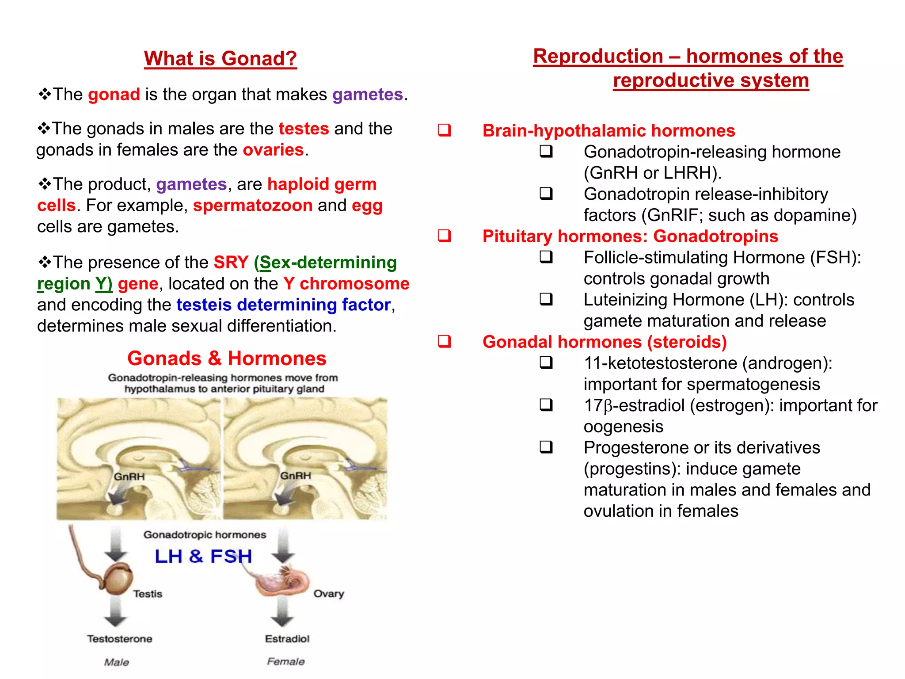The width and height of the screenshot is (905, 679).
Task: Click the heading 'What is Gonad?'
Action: tap(220, 58)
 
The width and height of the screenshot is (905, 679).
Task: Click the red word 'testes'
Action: tap(304, 129)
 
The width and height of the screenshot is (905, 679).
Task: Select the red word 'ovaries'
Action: tap(273, 150)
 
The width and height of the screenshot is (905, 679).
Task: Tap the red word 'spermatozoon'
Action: tap(253, 206)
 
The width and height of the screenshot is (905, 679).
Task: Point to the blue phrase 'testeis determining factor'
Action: tap(283, 305)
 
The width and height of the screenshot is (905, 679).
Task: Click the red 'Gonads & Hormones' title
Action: tap(227, 358)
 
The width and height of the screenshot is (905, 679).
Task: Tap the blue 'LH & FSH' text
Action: tap(203, 556)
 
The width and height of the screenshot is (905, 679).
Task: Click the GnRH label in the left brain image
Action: tap(129, 477)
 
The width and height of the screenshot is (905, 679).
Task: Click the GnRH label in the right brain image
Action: tap(296, 476)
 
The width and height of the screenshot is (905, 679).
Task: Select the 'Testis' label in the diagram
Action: tap(148, 594)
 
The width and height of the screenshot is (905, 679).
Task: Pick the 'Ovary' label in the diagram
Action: tap(328, 594)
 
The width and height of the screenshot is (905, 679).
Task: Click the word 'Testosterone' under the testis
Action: tap(119, 639)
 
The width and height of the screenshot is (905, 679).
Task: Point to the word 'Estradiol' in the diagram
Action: tap(287, 639)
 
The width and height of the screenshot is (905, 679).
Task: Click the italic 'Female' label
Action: tap(285, 661)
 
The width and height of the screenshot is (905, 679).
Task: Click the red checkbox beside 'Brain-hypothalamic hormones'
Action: tap(444, 130)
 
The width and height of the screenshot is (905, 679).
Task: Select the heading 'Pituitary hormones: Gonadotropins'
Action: tap(630, 236)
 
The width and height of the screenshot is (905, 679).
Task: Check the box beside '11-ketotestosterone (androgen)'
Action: tap(546, 362)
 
